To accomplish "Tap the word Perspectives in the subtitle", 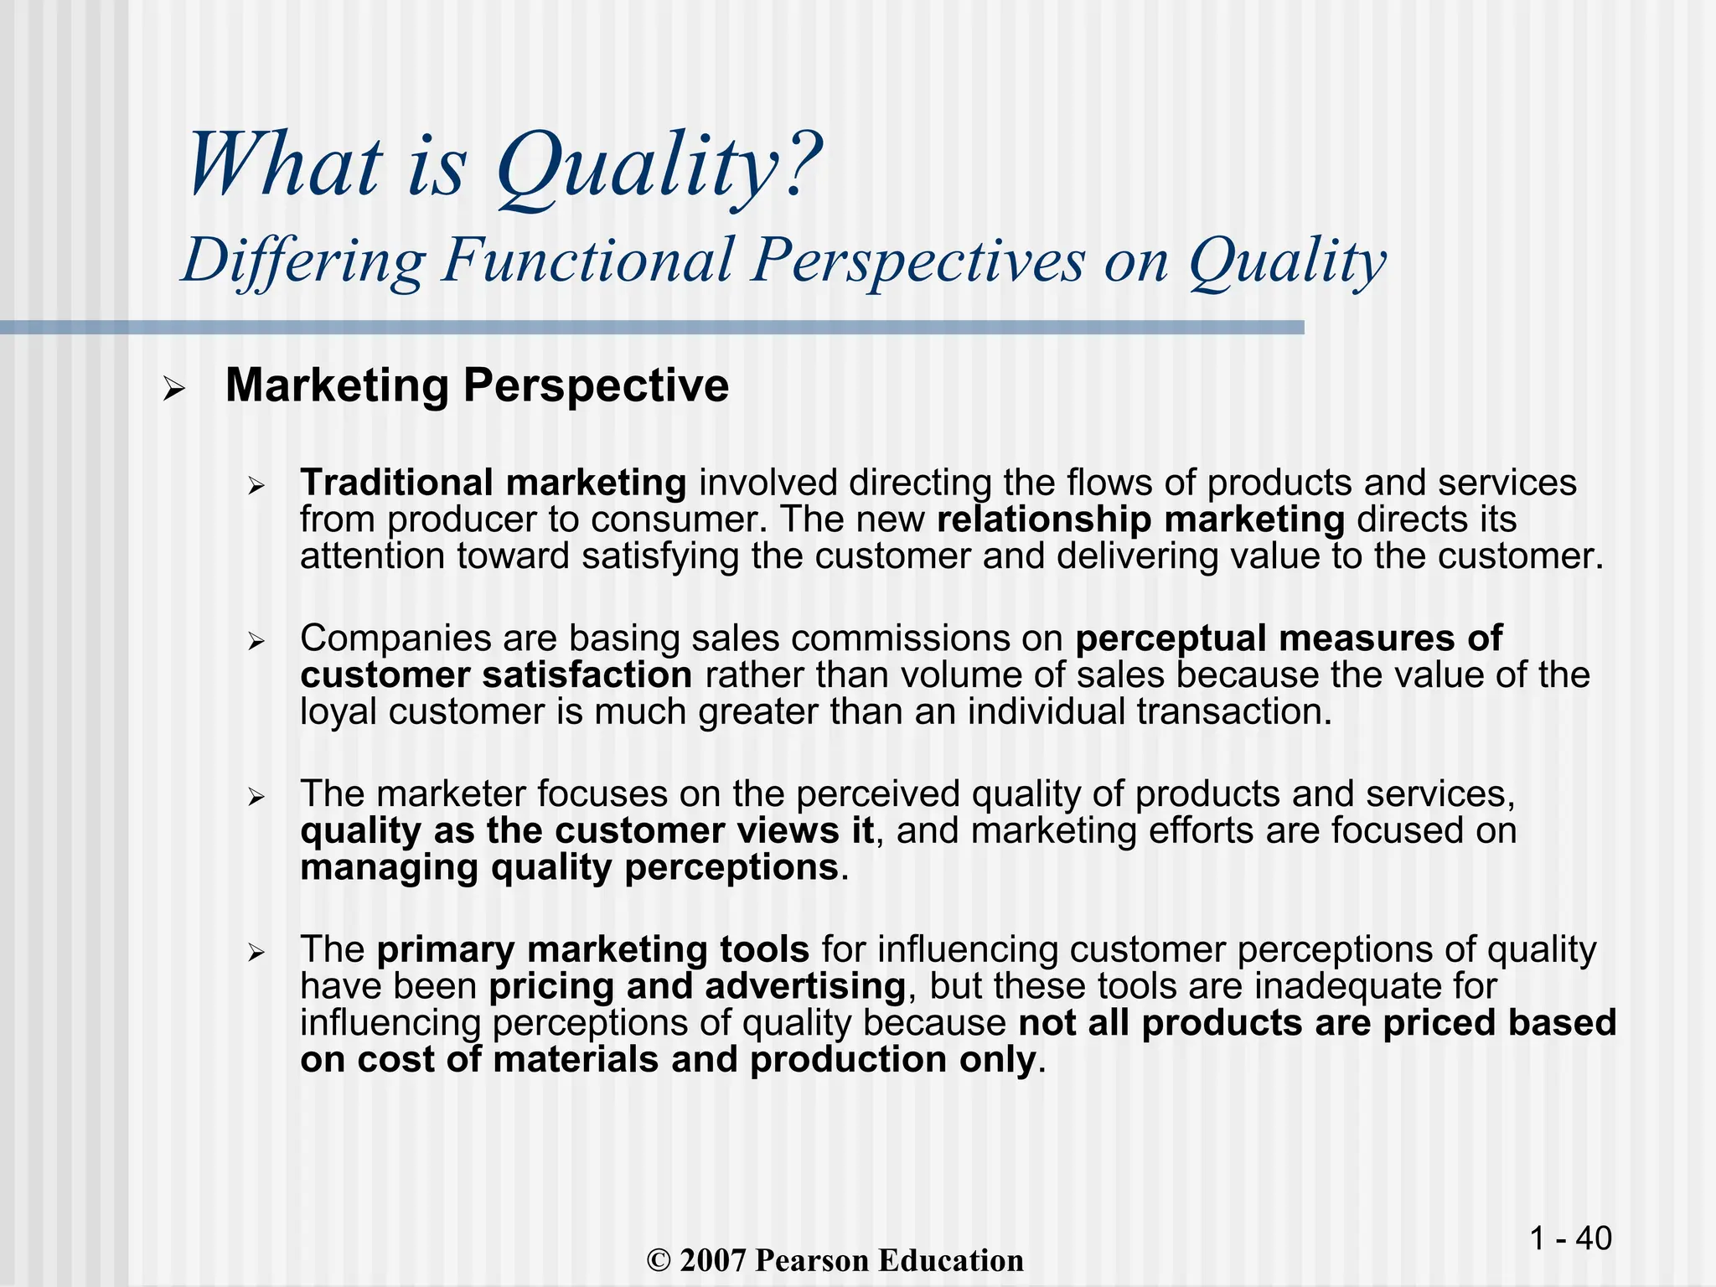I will pyautogui.click(x=917, y=260).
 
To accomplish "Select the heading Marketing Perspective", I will pyautogui.click(x=477, y=385).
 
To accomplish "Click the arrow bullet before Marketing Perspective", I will pyautogui.click(x=173, y=390).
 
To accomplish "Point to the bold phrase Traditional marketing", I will pyautogui.click(x=493, y=483).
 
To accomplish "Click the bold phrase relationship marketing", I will pyautogui.click(x=1140, y=519).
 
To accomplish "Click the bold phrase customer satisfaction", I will pyautogui.click(x=496, y=675).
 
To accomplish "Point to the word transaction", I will pyautogui.click(x=1233, y=712).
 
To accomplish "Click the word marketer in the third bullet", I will pyautogui.click(x=456, y=793).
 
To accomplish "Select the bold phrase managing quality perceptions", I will pyautogui.click(x=570, y=867).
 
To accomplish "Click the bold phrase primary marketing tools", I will pyautogui.click(x=592, y=949).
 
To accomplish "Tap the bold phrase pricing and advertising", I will pyautogui.click(x=697, y=986).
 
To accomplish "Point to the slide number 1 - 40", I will pyautogui.click(x=1570, y=1238).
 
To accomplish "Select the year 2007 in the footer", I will pyautogui.click(x=713, y=1261).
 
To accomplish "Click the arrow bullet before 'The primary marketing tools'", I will pyautogui.click(x=256, y=953).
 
